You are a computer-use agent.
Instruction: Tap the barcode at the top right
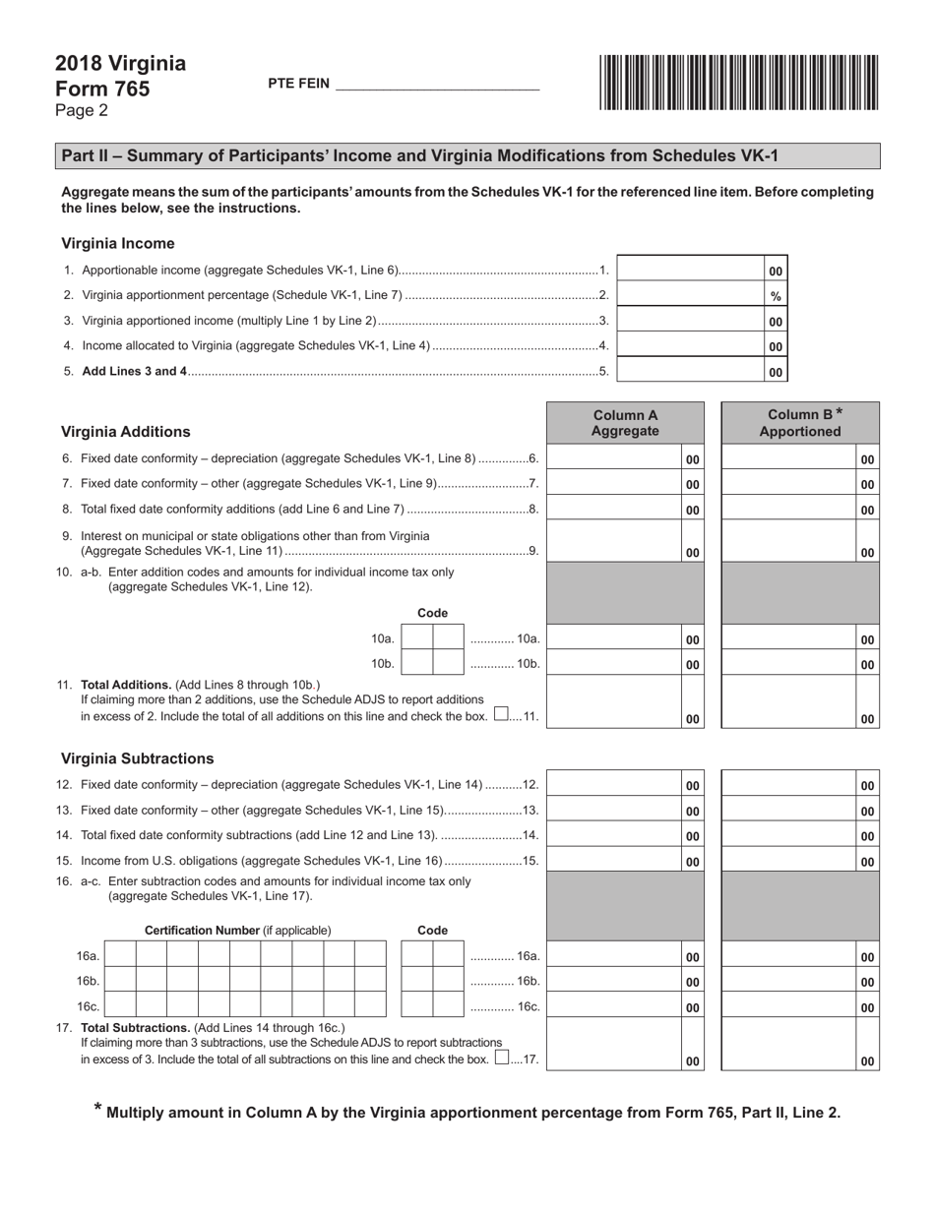(737, 82)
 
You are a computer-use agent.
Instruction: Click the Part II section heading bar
(467, 155)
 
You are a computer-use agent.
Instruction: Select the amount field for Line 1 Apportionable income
(689, 270)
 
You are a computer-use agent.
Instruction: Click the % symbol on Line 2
(776, 296)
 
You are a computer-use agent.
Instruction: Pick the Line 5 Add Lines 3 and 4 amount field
(689, 371)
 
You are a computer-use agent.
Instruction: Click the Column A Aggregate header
(625, 423)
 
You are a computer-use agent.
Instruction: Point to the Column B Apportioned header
(800, 423)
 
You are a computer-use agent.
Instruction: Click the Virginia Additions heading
(126, 432)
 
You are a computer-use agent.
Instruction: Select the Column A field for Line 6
(614, 458)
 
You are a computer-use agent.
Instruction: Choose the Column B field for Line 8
(787, 509)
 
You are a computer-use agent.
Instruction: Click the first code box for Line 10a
(418, 638)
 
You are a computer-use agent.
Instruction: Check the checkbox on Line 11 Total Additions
(501, 714)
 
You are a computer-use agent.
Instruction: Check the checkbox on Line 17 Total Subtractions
(502, 1059)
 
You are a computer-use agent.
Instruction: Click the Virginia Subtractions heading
(138, 758)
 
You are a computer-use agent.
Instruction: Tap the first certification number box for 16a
(120, 955)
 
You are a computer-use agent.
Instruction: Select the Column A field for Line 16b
(614, 981)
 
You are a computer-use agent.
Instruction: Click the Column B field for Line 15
(787, 861)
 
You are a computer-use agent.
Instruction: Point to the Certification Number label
(237, 931)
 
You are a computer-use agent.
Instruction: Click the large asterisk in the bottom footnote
(97, 1110)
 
